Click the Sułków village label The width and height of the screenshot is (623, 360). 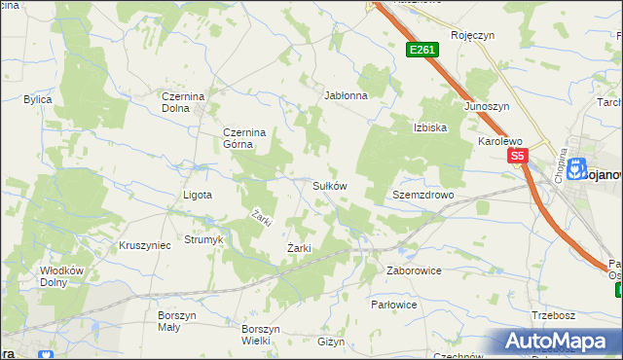(329, 185)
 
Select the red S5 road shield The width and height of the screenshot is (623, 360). (516, 156)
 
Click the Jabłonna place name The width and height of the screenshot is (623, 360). (346, 96)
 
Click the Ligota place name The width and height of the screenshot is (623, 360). (198, 195)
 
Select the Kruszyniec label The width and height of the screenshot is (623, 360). (144, 245)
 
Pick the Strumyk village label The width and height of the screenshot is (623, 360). (204, 239)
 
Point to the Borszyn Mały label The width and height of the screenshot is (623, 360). (177, 321)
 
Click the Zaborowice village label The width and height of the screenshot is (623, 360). (414, 270)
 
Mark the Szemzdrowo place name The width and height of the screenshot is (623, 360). (423, 195)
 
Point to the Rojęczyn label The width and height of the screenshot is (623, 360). (473, 35)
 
